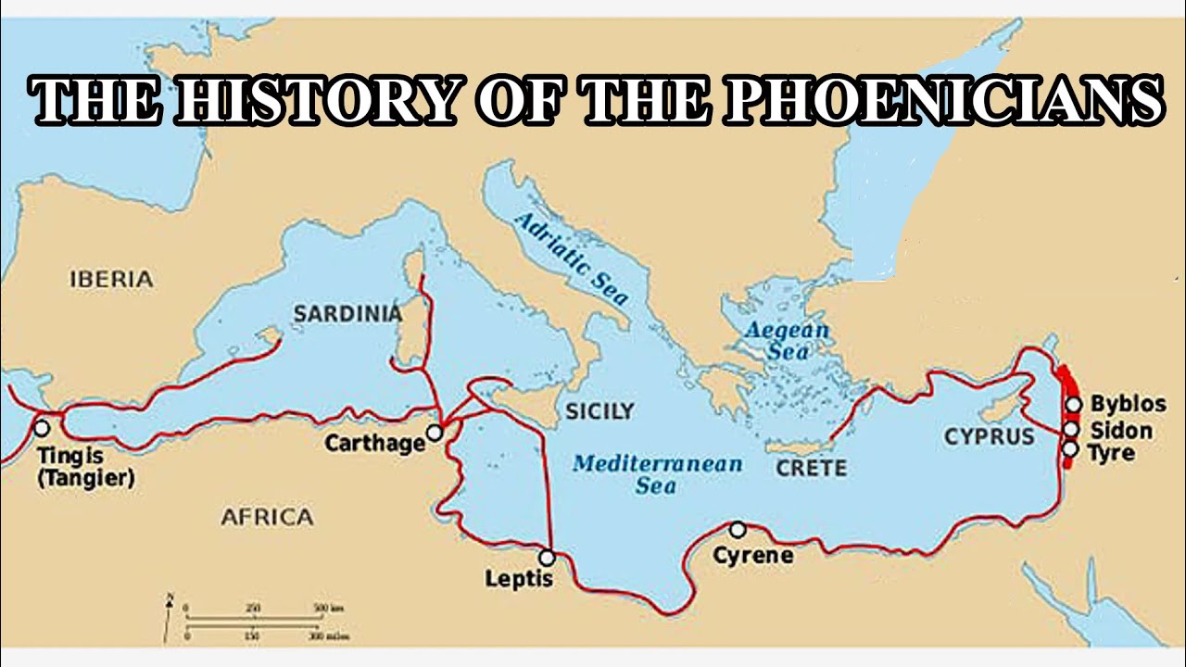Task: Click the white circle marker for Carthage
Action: point(434,433)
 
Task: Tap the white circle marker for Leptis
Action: point(547,558)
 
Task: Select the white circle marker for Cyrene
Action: point(737,529)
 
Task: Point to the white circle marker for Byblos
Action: point(1073,404)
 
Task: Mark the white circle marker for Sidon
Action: point(1071,429)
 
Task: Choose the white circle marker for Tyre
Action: point(1070,449)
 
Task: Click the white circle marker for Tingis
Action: point(41,428)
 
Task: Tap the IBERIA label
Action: point(110,278)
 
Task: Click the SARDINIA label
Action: point(347,314)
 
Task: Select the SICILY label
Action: point(599,411)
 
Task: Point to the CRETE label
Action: point(811,468)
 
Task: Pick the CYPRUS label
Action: point(989,436)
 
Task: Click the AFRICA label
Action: point(267,517)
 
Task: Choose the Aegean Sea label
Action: point(788,340)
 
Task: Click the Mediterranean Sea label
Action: point(657,473)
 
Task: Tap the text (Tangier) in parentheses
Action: point(86,479)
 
